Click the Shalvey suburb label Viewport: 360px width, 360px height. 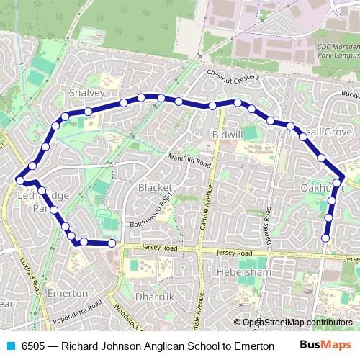point(87,94)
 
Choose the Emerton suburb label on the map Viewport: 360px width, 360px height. point(67,294)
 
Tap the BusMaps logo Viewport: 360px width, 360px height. point(325,346)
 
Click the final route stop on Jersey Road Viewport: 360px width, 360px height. point(112,244)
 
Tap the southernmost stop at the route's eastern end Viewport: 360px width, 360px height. point(325,238)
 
